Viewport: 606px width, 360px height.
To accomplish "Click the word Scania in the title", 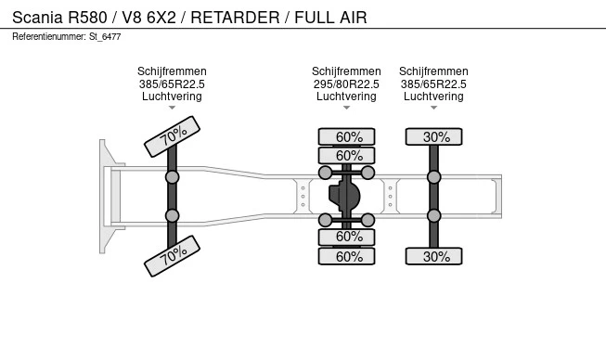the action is point(37,18).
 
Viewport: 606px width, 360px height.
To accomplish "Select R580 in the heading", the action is point(88,18).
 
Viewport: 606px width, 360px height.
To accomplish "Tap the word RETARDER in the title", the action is point(235,18).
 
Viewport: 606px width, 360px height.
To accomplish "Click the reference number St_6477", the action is point(105,37).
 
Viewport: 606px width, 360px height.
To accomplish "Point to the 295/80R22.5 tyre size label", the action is point(346,84).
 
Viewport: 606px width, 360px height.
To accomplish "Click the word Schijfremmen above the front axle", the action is point(172,71).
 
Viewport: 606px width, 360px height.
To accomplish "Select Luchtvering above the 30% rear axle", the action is point(433,96).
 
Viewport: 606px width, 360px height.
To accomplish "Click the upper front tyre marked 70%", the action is point(172,136).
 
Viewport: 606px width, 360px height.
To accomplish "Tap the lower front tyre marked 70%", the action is point(172,256).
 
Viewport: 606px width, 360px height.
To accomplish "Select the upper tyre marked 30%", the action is point(433,136).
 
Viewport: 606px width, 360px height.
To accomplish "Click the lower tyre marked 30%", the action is point(433,256).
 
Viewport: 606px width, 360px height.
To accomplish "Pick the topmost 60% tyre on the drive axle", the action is point(346,136).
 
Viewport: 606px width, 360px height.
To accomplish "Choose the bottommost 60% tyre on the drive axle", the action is point(346,256).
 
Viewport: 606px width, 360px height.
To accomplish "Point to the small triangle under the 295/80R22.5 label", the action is point(346,108).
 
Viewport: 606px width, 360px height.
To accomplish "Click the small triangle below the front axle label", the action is point(172,108).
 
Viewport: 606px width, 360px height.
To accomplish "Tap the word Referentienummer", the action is point(48,37).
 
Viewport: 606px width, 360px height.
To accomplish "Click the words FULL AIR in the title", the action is point(330,18).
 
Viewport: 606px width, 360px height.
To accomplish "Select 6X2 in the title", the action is point(161,18).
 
